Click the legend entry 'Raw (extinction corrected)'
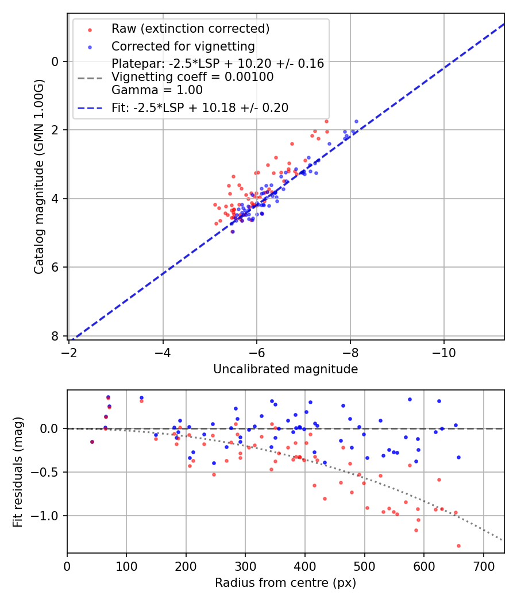coord(190,29)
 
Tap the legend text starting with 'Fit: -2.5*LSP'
coord(200,107)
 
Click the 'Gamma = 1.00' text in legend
coord(157,90)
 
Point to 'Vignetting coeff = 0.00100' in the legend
coord(192,77)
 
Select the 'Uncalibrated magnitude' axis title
coord(285,369)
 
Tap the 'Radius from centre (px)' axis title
coord(285,583)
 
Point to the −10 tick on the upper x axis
coord(443,351)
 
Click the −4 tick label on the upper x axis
coord(163,351)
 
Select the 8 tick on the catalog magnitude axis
coord(56,336)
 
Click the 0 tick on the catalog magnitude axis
coord(56,61)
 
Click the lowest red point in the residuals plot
coord(458,546)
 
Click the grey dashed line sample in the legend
coord(90,77)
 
